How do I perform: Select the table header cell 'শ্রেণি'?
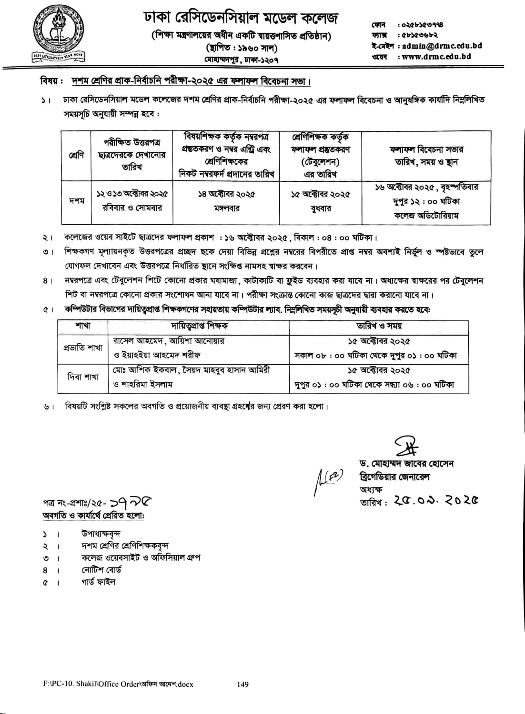(x=76, y=155)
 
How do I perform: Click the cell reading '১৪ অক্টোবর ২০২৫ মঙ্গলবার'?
(x=226, y=201)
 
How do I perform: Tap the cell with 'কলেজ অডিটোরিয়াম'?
(x=426, y=215)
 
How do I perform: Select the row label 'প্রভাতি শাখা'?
(x=83, y=347)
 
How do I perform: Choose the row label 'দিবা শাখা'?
(x=83, y=377)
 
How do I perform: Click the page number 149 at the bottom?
(x=242, y=684)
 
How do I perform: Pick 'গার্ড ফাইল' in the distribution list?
(x=98, y=582)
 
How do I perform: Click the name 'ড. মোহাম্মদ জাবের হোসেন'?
(x=406, y=464)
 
